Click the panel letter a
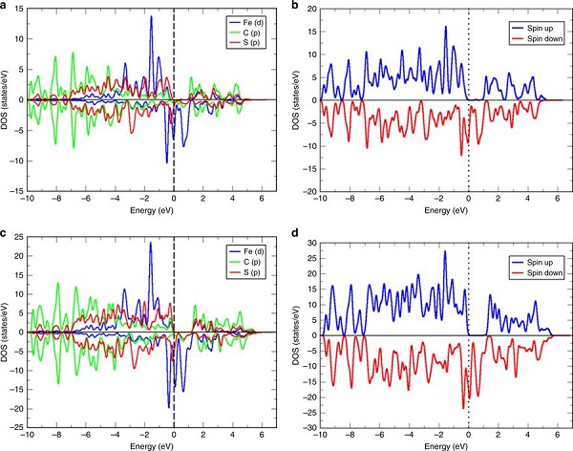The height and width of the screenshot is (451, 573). coord(6,7)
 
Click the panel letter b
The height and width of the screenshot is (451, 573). coord(297,7)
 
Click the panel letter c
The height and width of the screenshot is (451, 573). coord(6,233)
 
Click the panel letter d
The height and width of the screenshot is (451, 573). coord(297,233)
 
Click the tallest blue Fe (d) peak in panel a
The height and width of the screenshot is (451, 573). coord(151,17)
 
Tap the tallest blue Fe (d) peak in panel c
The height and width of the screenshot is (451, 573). coord(151,244)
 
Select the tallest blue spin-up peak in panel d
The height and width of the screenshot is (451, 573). coord(444,252)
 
